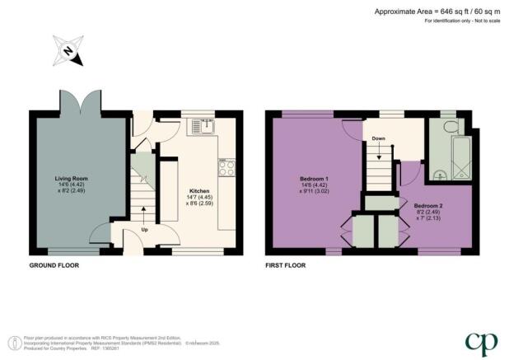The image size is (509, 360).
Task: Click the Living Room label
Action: (71, 178)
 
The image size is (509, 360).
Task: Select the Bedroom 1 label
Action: (315, 179)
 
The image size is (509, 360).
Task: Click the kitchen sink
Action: (200, 126)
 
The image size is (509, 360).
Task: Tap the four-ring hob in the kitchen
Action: (226, 166)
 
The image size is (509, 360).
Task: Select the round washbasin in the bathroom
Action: (439, 173)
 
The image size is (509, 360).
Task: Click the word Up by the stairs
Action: (145, 229)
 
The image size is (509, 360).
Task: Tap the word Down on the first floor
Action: (379, 138)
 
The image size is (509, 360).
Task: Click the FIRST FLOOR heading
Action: (286, 266)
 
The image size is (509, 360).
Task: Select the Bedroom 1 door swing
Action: (351, 129)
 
